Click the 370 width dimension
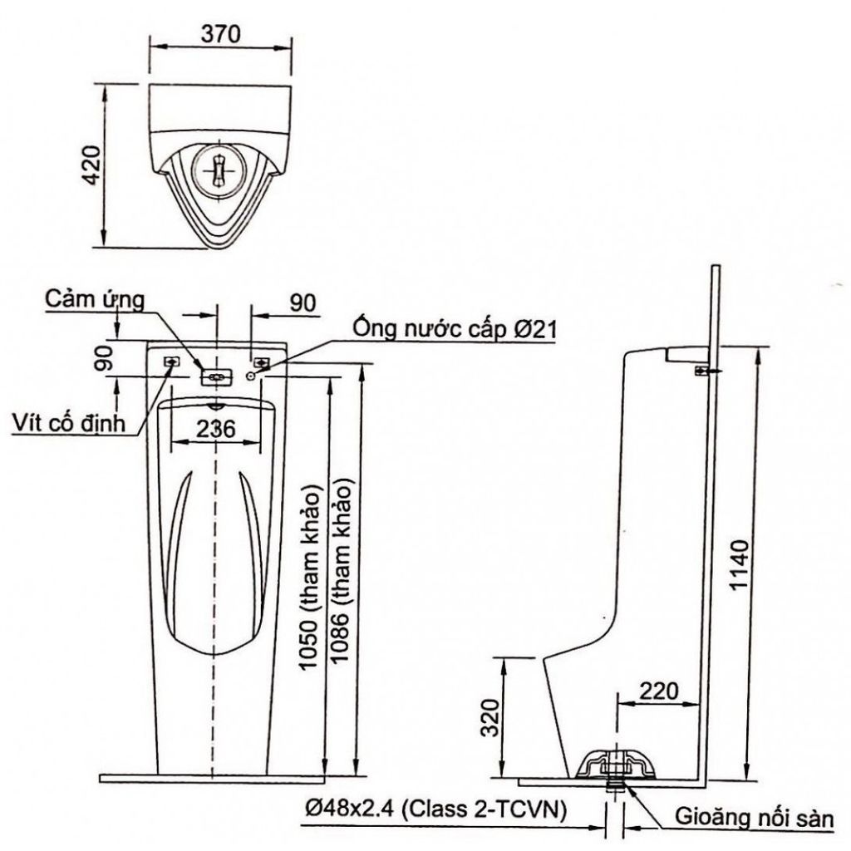click(220, 34)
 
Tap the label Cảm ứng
click(96, 298)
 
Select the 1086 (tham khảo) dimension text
click(343, 573)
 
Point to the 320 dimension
click(492, 717)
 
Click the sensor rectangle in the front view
click(216, 376)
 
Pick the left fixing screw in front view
click(172, 362)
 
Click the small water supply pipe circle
click(252, 376)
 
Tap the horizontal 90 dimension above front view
click(303, 303)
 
